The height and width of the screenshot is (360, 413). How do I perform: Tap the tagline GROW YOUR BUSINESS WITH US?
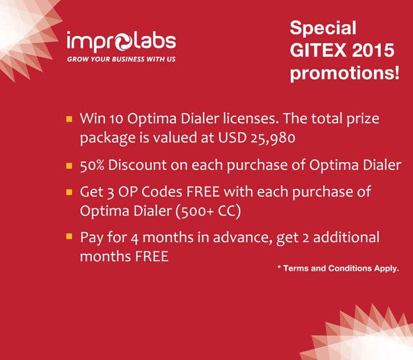pos(121,59)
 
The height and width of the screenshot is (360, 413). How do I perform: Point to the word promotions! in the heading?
pos(345,74)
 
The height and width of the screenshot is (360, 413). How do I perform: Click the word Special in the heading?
pos(323,28)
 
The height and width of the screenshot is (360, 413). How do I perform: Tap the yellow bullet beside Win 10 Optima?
pos(69,119)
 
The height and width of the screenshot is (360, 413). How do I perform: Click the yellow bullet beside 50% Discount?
pos(69,166)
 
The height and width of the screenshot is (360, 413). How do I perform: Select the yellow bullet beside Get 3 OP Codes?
pos(69,192)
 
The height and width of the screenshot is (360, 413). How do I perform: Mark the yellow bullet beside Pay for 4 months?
pos(69,236)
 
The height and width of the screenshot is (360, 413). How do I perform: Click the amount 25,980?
pos(273,138)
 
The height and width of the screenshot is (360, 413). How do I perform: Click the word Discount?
pos(137,165)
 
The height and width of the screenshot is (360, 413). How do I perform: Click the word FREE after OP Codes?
pos(203,192)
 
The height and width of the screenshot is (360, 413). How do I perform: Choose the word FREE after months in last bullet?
pos(152,256)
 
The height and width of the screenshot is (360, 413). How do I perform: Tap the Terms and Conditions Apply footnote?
pos(338,269)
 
